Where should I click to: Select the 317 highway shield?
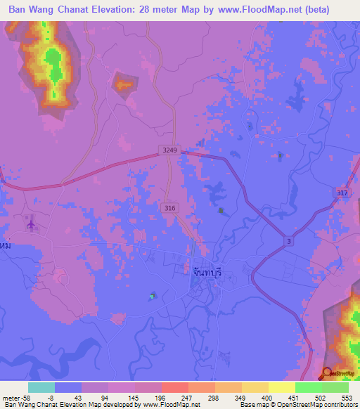coord(342,193)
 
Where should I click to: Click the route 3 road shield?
coord(288,241)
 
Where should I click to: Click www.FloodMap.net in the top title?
coord(266,10)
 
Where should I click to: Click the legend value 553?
coord(347,397)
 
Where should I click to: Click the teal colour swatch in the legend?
coord(41,387)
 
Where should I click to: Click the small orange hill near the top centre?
coord(124,84)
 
